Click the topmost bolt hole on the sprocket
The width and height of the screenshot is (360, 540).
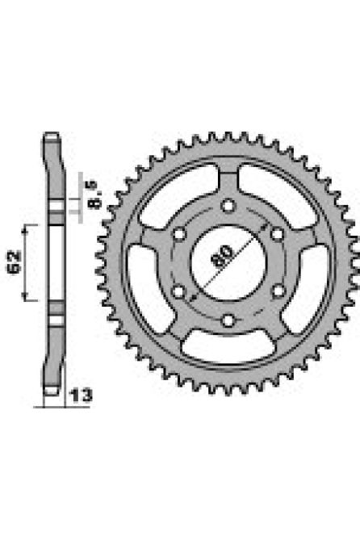[229, 207]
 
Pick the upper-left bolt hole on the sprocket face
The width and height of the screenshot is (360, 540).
[180, 235]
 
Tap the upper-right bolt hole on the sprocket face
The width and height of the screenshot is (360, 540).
[278, 235]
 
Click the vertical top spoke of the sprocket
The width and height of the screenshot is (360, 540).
[229, 182]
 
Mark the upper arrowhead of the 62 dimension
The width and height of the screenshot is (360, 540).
[30, 227]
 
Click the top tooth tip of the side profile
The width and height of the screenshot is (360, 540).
[52, 135]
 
